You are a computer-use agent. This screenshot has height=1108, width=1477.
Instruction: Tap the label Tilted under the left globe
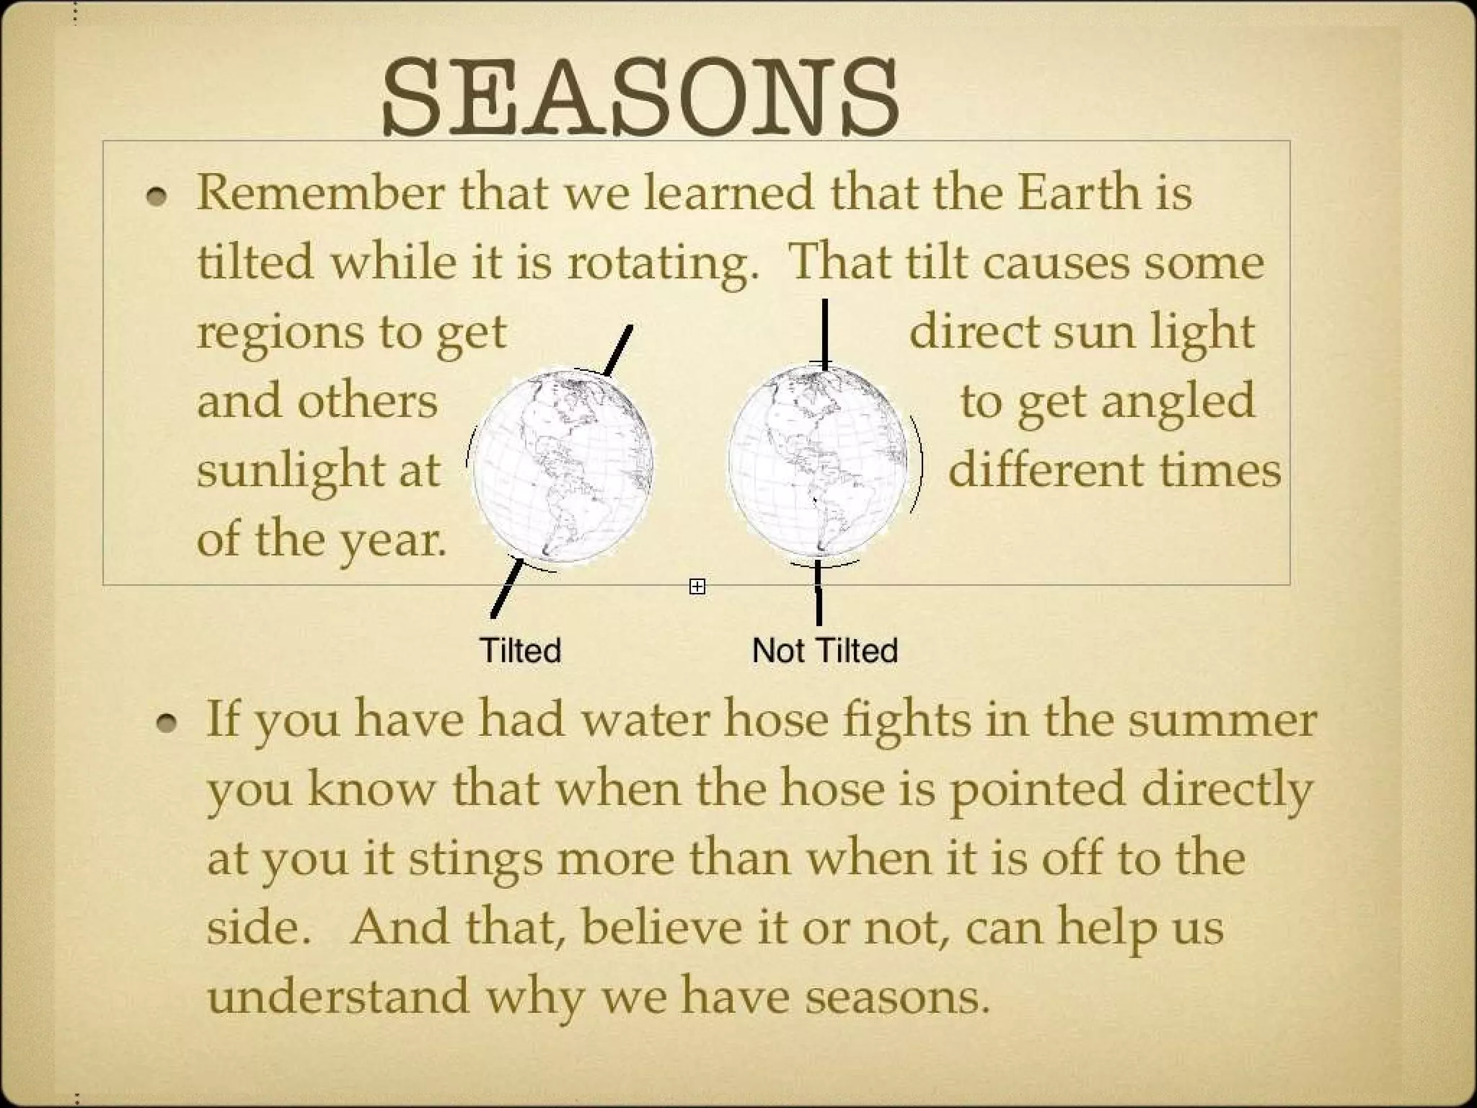[520, 651]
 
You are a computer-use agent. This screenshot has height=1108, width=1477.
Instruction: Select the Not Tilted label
[824, 651]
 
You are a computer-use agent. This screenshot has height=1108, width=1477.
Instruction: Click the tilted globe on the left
[562, 465]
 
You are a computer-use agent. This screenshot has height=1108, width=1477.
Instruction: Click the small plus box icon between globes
[697, 586]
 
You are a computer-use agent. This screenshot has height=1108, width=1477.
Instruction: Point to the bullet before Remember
[156, 195]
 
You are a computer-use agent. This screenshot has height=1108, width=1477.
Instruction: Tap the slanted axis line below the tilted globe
[507, 589]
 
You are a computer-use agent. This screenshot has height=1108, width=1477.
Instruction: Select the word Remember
[319, 193]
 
